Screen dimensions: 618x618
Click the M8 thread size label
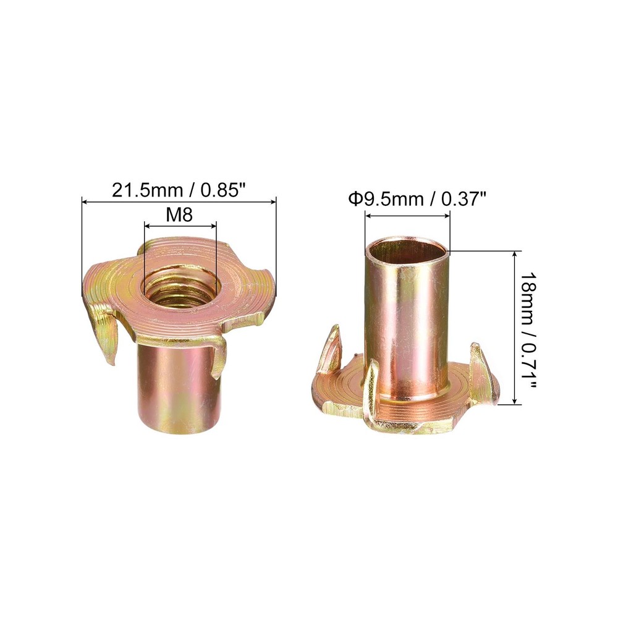click(x=180, y=215)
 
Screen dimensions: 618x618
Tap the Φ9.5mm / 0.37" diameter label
click(x=416, y=199)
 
